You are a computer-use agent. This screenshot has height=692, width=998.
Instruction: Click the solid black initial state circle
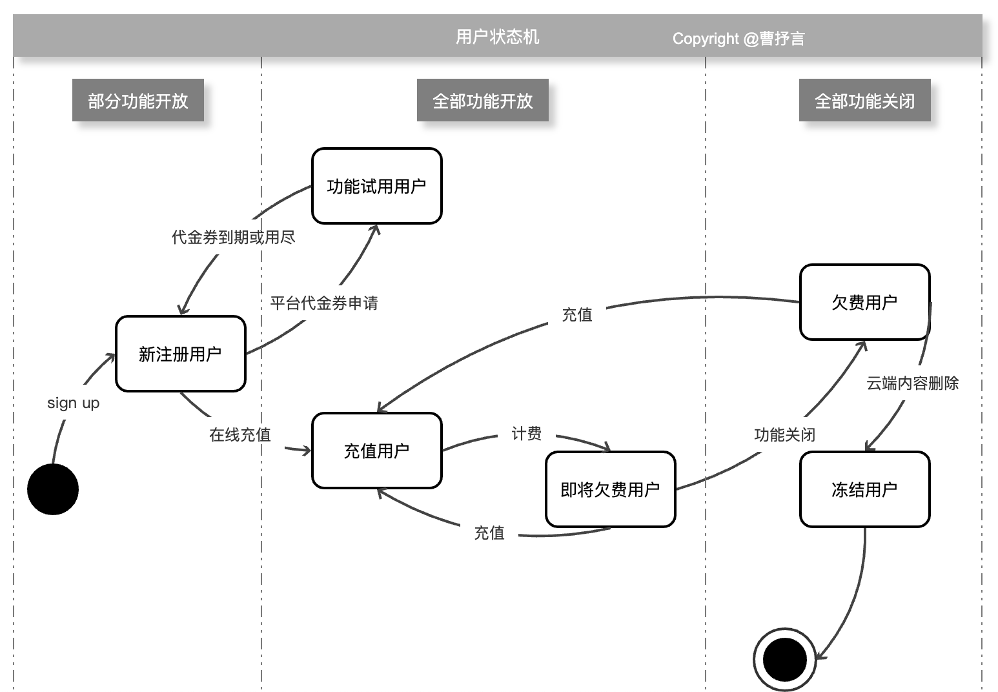click(53, 489)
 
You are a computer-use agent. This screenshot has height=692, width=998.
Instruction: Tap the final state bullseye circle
click(784, 659)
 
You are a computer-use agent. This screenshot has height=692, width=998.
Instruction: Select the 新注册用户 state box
click(181, 354)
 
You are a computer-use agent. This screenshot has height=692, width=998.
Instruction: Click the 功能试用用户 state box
click(376, 187)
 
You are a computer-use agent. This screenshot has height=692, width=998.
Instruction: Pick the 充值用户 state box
click(376, 451)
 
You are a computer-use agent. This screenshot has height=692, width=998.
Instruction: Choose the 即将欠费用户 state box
click(610, 489)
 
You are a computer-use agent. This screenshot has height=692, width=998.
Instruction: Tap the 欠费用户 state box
click(864, 302)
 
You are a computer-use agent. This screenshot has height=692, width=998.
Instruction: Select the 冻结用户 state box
click(864, 489)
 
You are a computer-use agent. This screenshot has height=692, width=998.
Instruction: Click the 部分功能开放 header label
click(138, 101)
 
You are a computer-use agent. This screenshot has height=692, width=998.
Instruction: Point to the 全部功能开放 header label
click(483, 101)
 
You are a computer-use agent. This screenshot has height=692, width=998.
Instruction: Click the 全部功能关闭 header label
click(864, 101)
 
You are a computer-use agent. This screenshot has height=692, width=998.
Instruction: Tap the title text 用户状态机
click(497, 37)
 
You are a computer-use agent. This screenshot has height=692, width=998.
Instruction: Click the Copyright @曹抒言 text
click(738, 39)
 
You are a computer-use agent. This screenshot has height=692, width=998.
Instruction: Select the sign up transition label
click(73, 403)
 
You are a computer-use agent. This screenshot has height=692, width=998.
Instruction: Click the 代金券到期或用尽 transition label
click(233, 237)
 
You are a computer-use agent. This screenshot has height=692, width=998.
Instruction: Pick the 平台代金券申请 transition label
click(323, 303)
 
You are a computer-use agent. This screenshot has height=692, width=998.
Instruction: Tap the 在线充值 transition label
click(239, 434)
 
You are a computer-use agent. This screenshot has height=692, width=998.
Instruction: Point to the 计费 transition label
click(526, 433)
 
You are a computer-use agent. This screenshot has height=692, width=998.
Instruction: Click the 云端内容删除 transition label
click(912, 383)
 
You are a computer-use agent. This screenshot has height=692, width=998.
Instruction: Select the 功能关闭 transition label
click(784, 434)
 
